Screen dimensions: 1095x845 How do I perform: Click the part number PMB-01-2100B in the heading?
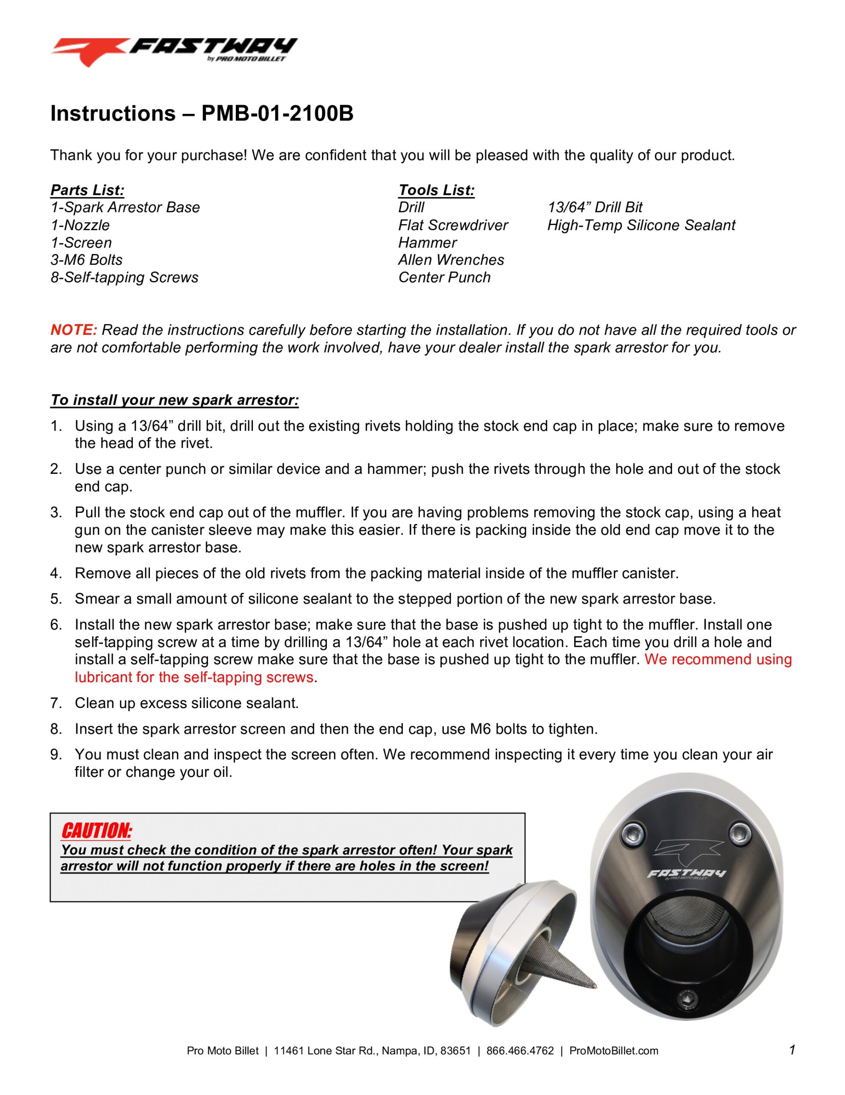(277, 114)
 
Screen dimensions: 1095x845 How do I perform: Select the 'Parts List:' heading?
(87, 190)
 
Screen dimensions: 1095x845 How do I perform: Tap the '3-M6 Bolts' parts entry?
(86, 260)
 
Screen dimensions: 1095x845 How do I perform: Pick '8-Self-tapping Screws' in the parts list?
(124, 277)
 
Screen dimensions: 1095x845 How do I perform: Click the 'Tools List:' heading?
(436, 190)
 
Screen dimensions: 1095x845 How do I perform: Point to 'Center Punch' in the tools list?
(444, 277)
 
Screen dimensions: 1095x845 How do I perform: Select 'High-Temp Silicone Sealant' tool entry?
(641, 225)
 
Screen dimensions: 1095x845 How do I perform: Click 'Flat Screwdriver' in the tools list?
(452, 225)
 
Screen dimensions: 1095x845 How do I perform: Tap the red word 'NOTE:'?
(73, 330)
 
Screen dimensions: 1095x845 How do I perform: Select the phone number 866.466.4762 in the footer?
(520, 1051)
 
